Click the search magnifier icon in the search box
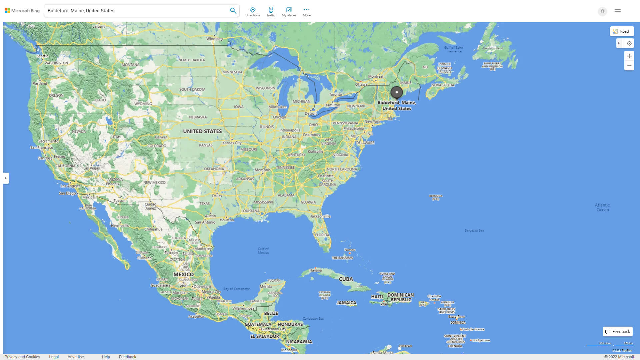coord(233,11)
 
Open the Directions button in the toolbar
coord(253,11)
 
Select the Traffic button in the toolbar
coord(271,11)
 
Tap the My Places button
coord(289,11)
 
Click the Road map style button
coord(622,31)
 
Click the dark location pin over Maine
coord(397,92)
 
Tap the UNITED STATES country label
coord(202,131)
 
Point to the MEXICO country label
coord(183,274)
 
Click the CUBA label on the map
coord(346,279)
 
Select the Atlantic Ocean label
coord(602,207)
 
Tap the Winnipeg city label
coord(214,39)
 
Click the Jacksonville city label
coord(320,216)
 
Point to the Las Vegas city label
coord(91,168)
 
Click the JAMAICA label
coord(346,303)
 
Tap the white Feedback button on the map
coord(618,332)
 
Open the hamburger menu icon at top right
coord(618,11)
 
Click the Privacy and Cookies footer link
coord(22,357)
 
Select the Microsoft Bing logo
coord(22,11)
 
